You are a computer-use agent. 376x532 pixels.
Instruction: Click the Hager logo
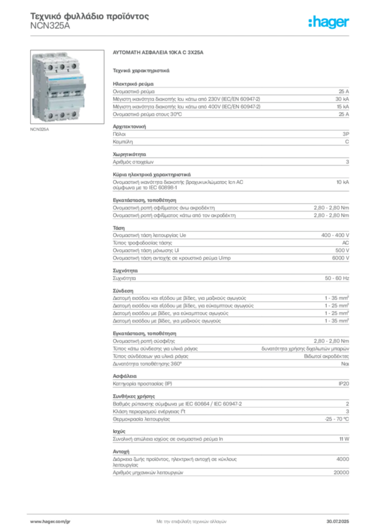[328, 22]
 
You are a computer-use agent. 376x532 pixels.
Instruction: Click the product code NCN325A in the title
[50, 26]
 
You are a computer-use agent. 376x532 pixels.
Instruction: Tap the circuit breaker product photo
[67, 87]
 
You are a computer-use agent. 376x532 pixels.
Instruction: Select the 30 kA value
[342, 99]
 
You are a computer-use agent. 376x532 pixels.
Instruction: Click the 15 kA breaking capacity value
[342, 107]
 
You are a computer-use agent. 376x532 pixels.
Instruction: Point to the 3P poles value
[345, 134]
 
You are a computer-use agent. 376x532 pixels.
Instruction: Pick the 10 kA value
[342, 182]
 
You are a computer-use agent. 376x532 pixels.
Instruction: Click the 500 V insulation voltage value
[342, 250]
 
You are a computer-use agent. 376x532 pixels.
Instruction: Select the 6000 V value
[340, 258]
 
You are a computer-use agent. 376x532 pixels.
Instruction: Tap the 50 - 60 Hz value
[337, 278]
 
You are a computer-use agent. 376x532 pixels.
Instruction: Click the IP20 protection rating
[343, 384]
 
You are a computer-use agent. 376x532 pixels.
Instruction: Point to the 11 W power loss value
[344, 439]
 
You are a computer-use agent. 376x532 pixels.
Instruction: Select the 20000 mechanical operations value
[341, 473]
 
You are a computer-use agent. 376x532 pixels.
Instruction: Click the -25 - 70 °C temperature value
[337, 419]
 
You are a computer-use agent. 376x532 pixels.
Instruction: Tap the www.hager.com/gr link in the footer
[50, 522]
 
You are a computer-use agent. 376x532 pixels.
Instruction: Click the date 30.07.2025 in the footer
[338, 522]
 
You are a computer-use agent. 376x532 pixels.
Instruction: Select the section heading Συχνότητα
[125, 271]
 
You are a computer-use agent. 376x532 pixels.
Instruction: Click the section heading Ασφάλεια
[125, 376]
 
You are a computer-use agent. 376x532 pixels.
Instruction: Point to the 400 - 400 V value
[335, 235]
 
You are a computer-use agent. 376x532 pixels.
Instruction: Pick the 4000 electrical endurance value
[342, 459]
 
